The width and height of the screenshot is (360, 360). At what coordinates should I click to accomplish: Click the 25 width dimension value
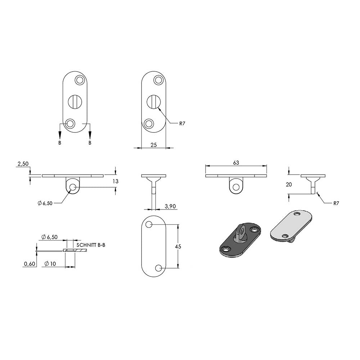point(154,145)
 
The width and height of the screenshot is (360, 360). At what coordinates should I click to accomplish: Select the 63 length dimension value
point(236,163)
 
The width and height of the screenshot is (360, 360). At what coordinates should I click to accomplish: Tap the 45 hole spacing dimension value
point(178,247)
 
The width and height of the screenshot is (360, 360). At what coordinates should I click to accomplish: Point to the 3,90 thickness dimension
point(170,206)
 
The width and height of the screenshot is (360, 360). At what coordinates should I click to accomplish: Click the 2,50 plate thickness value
point(23,164)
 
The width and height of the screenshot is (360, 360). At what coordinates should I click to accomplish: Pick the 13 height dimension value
point(116,181)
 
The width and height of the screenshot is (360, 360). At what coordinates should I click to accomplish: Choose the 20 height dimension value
point(289,184)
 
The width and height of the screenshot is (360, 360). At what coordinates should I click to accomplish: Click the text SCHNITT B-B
point(91,245)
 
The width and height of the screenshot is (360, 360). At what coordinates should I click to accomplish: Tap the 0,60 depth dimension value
point(30,264)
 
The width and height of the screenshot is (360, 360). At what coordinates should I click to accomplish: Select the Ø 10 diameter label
point(50,264)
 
